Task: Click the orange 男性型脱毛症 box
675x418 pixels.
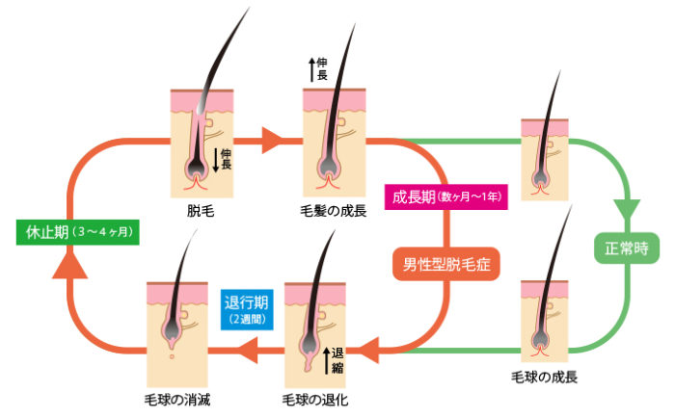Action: (446, 262)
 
